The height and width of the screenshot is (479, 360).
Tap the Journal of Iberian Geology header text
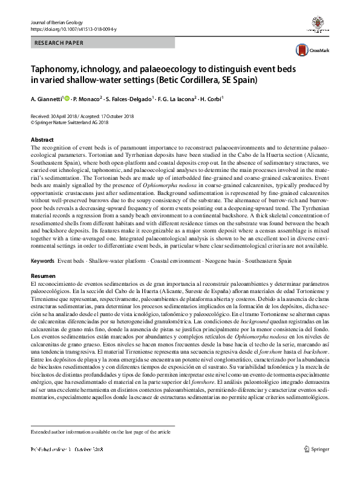pos(56,22)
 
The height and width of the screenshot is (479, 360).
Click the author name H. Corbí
pos(213,98)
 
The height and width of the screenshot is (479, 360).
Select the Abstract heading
pos(41,139)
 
